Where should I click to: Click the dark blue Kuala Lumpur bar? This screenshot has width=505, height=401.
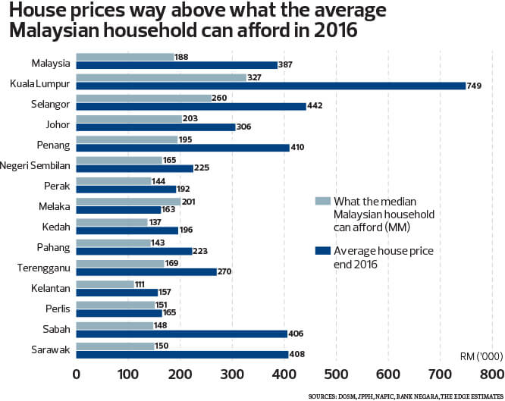click(271, 86)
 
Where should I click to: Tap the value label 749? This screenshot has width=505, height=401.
click(475, 86)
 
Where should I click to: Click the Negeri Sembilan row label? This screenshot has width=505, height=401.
click(36, 165)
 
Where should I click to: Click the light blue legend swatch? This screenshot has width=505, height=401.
click(322, 201)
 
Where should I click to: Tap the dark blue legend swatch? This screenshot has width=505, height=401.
click(322, 249)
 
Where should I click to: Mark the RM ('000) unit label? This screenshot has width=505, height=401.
click(477, 356)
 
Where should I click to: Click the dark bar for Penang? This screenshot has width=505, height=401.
click(183, 147)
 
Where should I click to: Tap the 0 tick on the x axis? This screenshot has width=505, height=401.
click(77, 374)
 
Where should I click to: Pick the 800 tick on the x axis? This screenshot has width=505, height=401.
click(492, 374)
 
